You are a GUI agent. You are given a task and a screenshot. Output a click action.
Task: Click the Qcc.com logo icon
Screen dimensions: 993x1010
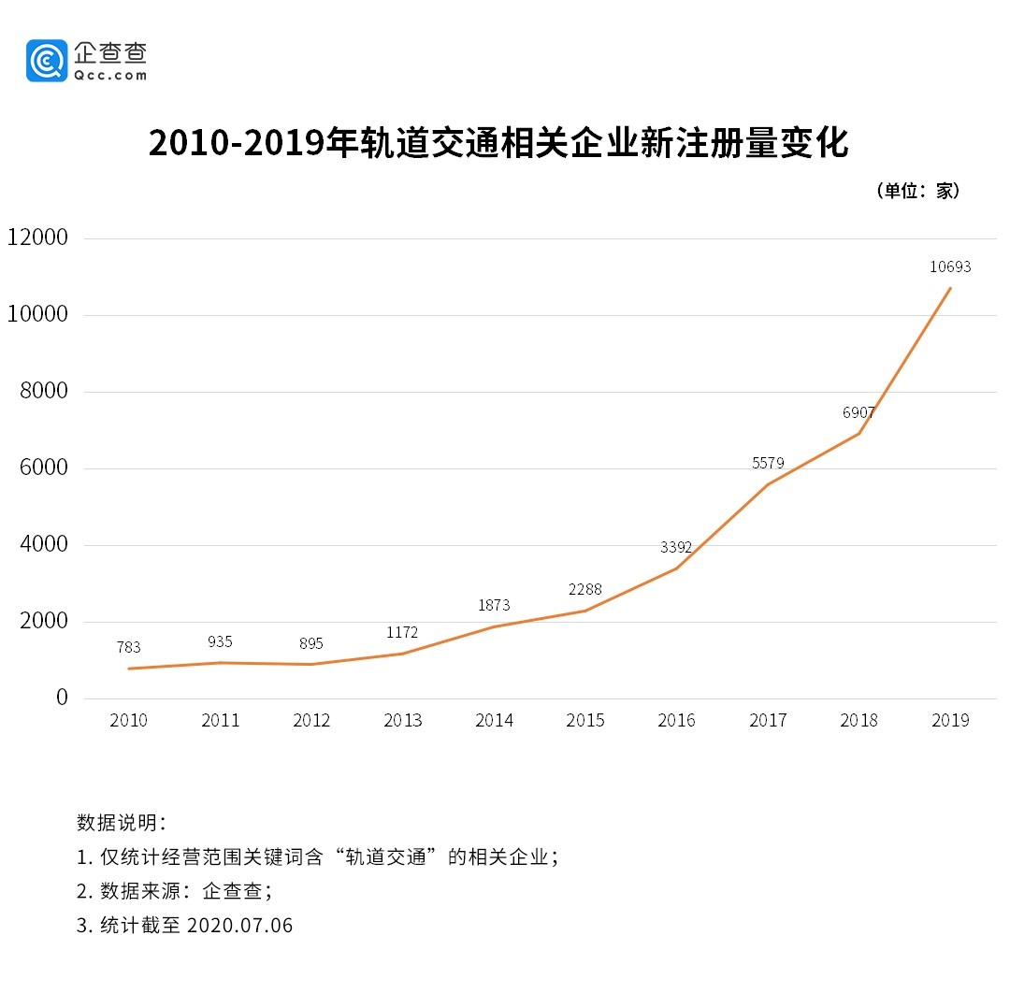[x=47, y=60]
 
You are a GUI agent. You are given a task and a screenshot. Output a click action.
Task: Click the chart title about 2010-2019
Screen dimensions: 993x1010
[x=498, y=143]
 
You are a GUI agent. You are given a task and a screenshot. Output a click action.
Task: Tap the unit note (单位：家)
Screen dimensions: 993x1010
[x=917, y=191]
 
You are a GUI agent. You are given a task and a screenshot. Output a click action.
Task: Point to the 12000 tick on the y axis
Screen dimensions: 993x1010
[x=37, y=237]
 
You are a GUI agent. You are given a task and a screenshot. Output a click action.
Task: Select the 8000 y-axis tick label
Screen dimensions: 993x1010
[x=44, y=391]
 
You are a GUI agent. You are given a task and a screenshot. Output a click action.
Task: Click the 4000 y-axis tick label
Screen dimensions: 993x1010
[x=44, y=544]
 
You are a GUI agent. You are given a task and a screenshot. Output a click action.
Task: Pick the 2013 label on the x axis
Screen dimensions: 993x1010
[x=403, y=720]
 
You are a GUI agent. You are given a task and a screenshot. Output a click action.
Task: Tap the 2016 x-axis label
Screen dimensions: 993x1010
[x=677, y=720]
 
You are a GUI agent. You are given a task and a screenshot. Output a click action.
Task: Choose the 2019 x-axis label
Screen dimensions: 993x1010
[x=951, y=720]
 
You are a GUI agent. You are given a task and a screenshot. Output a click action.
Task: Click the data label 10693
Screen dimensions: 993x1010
[x=950, y=266]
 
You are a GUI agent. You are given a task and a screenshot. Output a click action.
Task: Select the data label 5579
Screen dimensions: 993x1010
[x=768, y=463]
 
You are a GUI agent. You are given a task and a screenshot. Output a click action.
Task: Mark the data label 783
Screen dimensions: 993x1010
[x=129, y=647]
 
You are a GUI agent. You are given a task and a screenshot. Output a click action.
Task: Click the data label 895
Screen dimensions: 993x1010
[x=311, y=643]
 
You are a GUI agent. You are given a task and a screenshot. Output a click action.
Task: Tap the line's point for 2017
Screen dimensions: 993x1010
[x=768, y=484]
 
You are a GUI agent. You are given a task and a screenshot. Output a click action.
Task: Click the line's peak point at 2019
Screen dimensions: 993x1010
[x=951, y=288]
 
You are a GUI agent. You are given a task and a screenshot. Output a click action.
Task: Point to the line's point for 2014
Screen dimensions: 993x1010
[x=494, y=626]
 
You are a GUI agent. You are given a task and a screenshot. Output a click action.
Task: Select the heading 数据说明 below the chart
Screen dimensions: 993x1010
[x=121, y=823]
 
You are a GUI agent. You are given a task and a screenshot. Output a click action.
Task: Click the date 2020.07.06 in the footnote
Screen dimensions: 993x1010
[x=239, y=926]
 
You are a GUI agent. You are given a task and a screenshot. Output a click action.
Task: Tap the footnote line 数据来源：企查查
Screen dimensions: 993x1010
[x=175, y=891]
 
